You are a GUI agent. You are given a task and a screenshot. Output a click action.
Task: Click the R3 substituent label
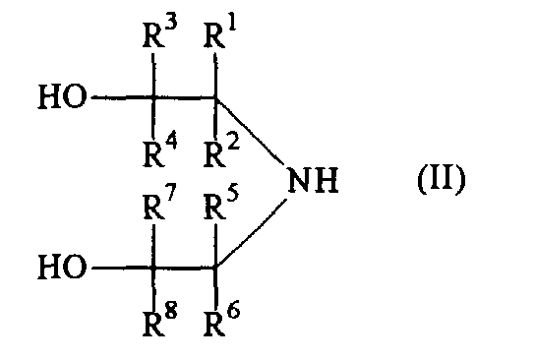159,33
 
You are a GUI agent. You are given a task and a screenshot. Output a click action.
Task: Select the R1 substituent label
220,33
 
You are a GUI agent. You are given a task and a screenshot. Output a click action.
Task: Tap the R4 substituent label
159,151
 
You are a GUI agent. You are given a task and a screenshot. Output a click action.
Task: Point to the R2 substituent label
221,151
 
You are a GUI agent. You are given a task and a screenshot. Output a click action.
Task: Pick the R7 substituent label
159,204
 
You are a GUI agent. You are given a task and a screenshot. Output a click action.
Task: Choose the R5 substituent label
221,204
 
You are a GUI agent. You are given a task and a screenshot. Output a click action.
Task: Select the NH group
313,180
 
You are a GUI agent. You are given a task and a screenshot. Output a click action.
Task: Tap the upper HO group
62,96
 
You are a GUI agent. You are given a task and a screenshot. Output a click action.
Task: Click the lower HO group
62,267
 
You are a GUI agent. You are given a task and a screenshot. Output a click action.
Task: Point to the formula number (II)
442,179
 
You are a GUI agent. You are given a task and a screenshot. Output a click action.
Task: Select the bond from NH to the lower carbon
252,233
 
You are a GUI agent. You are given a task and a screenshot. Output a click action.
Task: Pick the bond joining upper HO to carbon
123,97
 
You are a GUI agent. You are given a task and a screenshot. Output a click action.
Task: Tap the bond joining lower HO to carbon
123,268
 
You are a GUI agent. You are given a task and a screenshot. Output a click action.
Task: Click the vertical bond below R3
153,76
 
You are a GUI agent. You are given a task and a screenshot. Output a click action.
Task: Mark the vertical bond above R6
215,286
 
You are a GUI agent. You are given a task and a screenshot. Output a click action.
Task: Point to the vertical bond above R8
153,286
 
